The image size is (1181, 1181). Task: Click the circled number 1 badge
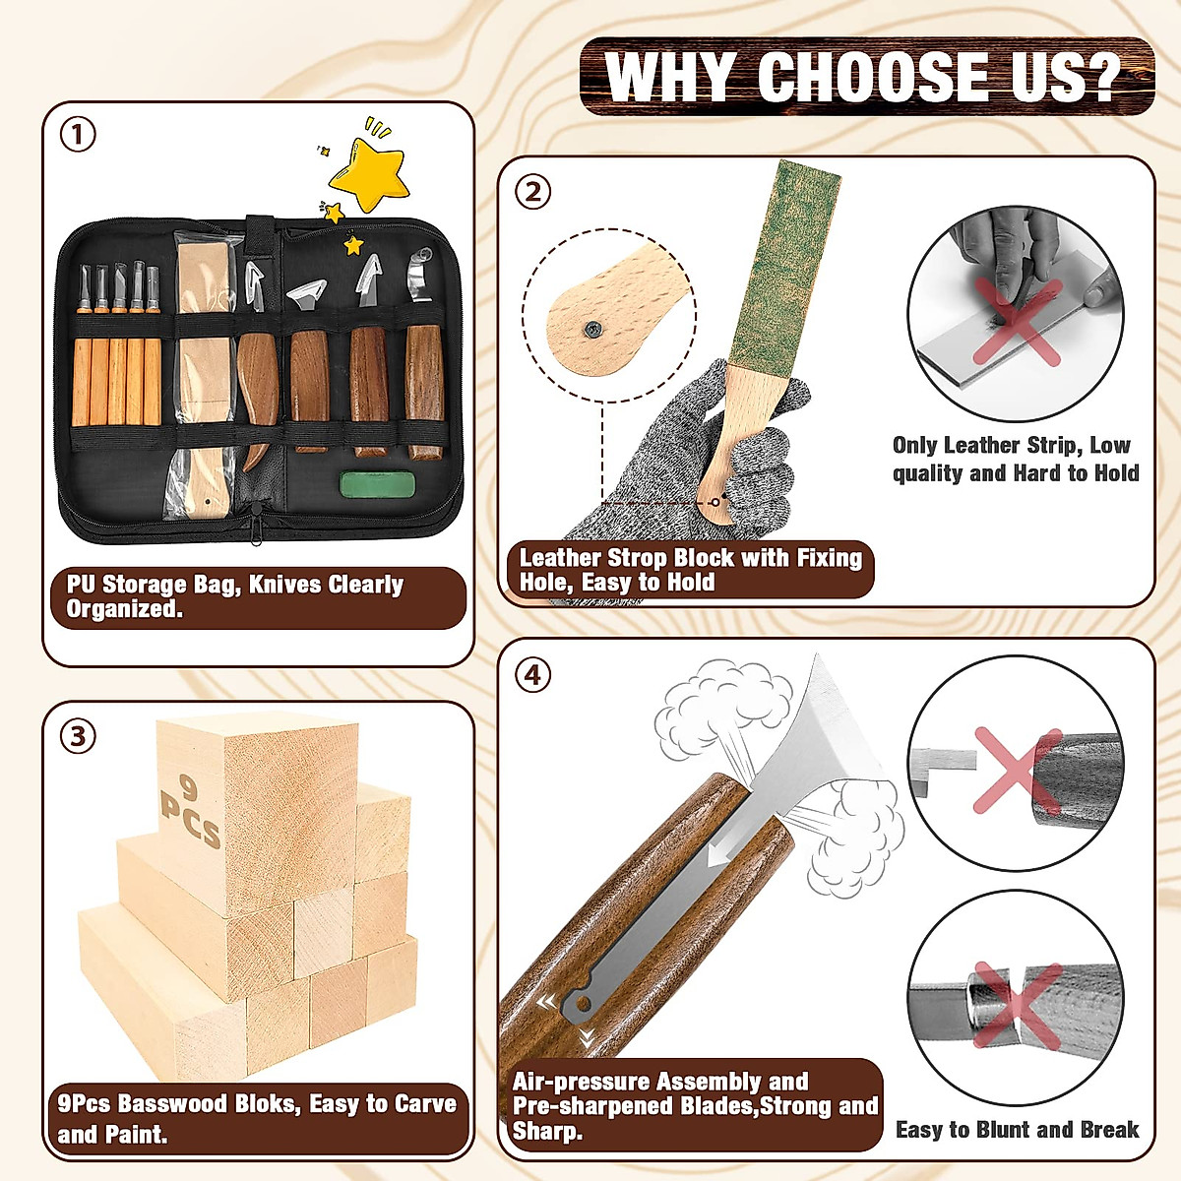(79, 135)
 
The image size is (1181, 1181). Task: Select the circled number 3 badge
(79, 735)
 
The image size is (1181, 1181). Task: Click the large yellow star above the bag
(368, 175)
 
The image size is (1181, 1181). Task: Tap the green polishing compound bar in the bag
(378, 484)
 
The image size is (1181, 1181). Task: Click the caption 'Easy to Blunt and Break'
(1017, 1130)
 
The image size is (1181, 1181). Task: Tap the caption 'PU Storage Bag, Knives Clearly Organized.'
(236, 596)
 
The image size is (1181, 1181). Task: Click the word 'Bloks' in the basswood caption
(266, 1103)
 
